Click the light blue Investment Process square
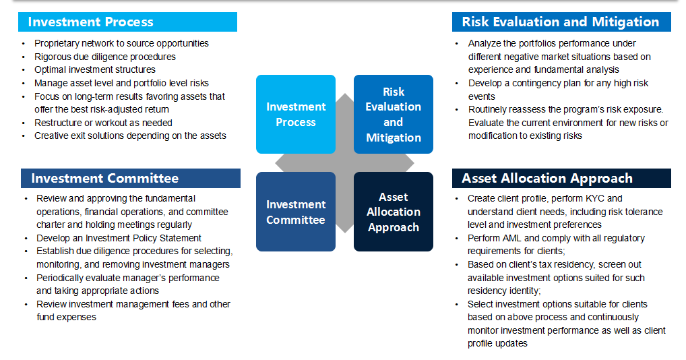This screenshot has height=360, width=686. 296,114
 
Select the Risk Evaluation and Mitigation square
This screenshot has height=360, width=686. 394,114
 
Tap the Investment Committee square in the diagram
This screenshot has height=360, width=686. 296,212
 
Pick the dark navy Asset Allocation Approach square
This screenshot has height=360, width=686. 394,212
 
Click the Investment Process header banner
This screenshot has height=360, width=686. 127,22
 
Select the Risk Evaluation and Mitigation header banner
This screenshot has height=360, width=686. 561,22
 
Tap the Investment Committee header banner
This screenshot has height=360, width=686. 130,179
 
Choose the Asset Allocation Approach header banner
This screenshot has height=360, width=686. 561,179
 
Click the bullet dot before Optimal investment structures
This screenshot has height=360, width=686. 24,70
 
